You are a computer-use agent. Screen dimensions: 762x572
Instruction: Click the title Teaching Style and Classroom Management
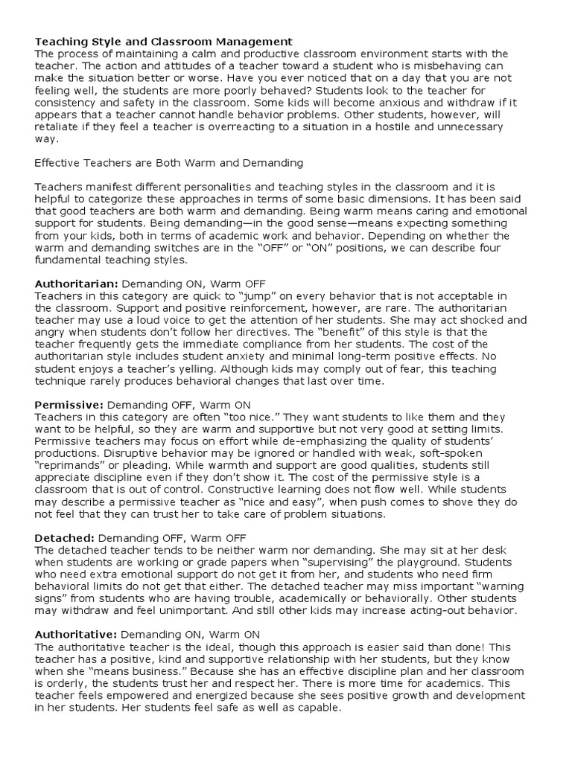click(164, 42)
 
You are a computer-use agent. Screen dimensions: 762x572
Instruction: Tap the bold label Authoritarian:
click(76, 284)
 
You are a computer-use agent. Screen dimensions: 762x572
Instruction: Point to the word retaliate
click(60, 127)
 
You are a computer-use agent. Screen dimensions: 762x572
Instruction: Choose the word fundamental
click(71, 260)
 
